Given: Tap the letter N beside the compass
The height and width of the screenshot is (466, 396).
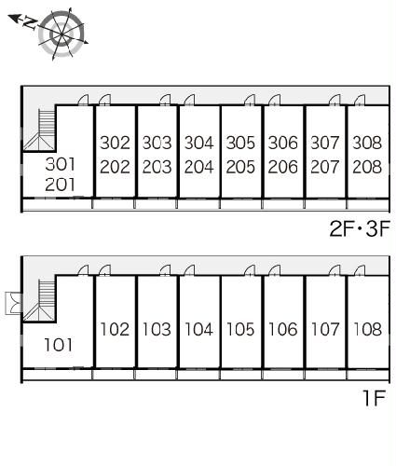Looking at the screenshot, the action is (x=30, y=23).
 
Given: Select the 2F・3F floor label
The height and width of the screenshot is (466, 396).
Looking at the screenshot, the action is (x=360, y=228).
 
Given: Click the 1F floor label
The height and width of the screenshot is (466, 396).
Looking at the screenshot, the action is (x=375, y=397).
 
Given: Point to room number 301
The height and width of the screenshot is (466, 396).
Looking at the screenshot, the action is (x=60, y=164).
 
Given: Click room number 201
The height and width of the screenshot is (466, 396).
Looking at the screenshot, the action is (x=60, y=185).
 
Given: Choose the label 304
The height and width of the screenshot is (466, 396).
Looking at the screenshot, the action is (x=199, y=143).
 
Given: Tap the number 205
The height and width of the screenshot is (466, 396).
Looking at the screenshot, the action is (x=240, y=167).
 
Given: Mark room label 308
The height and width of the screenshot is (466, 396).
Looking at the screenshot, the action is (x=367, y=143).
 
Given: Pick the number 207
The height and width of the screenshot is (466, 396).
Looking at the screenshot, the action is (x=325, y=167).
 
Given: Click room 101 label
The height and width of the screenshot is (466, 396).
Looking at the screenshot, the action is (x=59, y=345).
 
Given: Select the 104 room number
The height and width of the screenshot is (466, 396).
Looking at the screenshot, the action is (x=199, y=329).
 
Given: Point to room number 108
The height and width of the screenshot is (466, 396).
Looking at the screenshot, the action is (x=367, y=329).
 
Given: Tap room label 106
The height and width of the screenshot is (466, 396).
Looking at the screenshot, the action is (x=283, y=329).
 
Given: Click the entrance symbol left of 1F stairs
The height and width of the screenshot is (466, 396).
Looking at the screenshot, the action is (x=14, y=303).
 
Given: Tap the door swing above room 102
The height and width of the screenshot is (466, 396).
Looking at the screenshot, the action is (x=104, y=270).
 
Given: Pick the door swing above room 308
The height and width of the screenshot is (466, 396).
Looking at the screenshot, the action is (x=360, y=100).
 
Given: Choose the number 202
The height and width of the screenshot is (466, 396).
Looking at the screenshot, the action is (x=115, y=167).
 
